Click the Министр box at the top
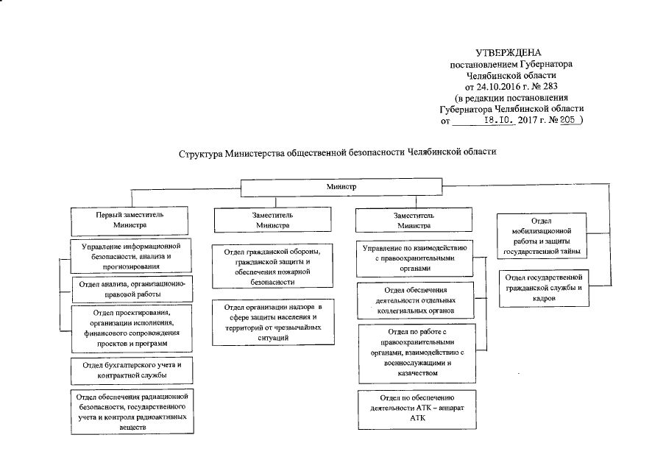click(x=341, y=188)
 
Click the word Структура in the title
click(x=201, y=155)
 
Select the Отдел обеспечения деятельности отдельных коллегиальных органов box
click(x=414, y=300)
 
